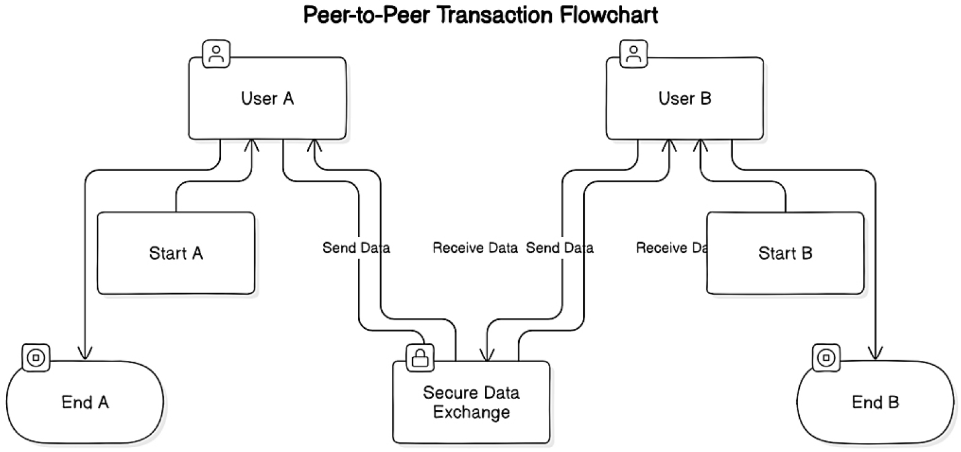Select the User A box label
pos(268,99)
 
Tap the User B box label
pos(685,99)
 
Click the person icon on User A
pos(216,54)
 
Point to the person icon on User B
pos(633,54)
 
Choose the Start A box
pos(177,253)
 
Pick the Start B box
pos(785,253)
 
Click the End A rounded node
pos(86,403)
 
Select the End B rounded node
pos(875,403)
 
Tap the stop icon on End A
pos(36,357)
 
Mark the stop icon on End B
pos(826,357)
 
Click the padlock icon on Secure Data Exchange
pos(420,357)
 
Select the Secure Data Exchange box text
pos(471,402)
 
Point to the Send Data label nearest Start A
pos(356,248)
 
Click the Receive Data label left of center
pos(475,248)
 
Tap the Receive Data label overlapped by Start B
pos(671,248)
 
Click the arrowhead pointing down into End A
pos(85,353)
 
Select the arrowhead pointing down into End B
pos(875,353)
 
